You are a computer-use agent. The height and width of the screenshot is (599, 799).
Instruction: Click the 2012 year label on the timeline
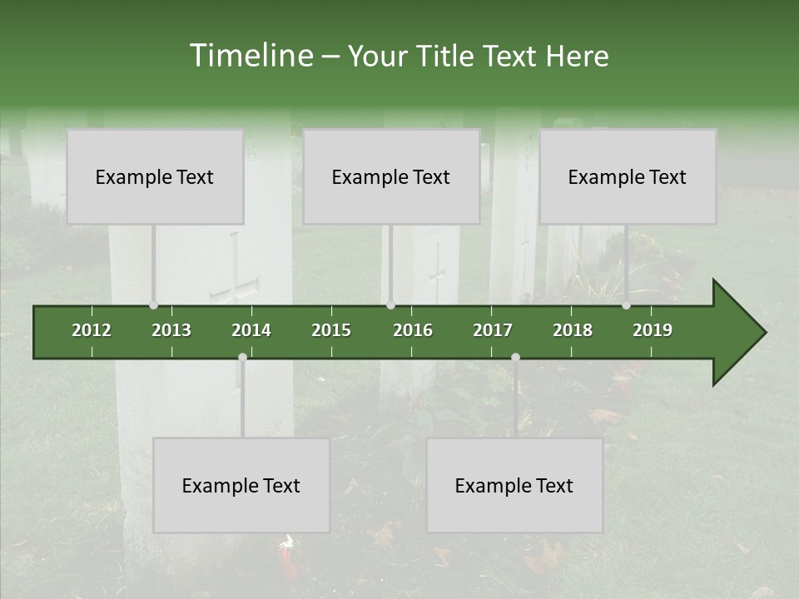pyautogui.click(x=92, y=330)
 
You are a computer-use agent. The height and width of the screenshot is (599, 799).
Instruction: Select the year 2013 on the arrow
pyautogui.click(x=171, y=330)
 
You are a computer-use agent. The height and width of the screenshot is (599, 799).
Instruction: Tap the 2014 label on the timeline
pyautogui.click(x=251, y=330)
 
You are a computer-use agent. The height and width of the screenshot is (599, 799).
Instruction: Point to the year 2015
pyautogui.click(x=331, y=330)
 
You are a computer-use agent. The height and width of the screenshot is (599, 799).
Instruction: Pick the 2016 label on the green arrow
pyautogui.click(x=413, y=330)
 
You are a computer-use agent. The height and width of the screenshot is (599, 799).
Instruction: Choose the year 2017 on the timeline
pyautogui.click(x=493, y=330)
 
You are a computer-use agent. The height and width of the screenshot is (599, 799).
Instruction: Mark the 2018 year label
pyautogui.click(x=573, y=330)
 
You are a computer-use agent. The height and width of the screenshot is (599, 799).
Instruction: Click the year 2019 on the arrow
pyautogui.click(x=653, y=330)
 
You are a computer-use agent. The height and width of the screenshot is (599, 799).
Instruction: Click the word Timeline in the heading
pyautogui.click(x=250, y=56)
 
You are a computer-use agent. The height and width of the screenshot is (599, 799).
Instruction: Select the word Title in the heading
pyautogui.click(x=446, y=57)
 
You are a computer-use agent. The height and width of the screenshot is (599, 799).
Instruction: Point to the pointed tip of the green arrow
pyautogui.click(x=763, y=333)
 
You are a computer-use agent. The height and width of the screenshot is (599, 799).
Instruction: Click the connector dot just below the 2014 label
pyautogui.click(x=242, y=358)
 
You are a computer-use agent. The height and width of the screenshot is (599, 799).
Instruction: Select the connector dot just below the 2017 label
pyautogui.click(x=515, y=358)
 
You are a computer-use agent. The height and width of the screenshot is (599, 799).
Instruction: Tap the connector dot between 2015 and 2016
pyautogui.click(x=391, y=305)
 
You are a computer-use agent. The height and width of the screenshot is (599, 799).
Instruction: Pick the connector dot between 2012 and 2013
pyautogui.click(x=153, y=305)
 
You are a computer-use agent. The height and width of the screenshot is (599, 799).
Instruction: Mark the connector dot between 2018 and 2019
pyautogui.click(x=626, y=305)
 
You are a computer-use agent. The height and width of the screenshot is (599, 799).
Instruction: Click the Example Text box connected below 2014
pyautogui.click(x=241, y=485)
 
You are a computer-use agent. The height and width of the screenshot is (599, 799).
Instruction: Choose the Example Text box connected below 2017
pyautogui.click(x=514, y=485)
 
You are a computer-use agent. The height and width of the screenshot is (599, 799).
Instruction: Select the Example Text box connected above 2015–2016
pyautogui.click(x=391, y=176)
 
